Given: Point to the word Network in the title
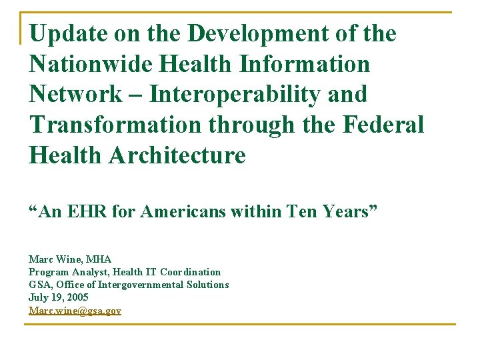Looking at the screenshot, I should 76,95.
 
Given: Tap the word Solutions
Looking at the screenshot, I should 208,285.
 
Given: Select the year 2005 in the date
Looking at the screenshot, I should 77,297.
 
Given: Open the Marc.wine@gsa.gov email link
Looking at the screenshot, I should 75,311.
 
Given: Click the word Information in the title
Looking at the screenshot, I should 303,64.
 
